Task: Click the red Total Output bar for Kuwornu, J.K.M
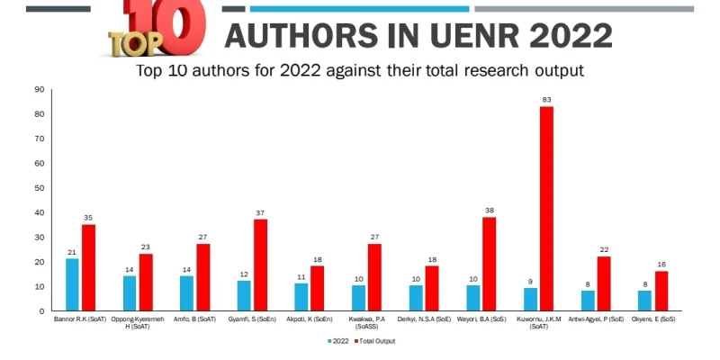coord(546,209)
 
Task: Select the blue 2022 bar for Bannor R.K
coord(72,284)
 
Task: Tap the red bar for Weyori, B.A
coord(490,264)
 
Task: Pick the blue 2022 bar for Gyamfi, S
coord(244,295)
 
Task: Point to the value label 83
coord(546,99)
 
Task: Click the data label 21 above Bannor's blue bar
coord(72,252)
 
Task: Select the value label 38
coord(490,211)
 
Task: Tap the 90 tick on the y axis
coord(39,89)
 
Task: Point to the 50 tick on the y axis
coord(39,187)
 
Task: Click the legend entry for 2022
coord(337,341)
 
